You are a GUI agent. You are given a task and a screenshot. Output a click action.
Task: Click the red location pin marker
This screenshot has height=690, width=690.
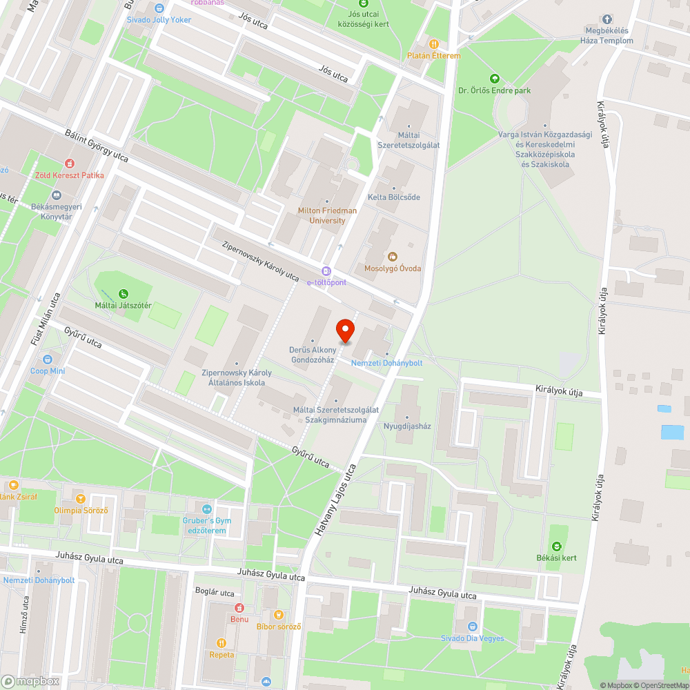point(344,331)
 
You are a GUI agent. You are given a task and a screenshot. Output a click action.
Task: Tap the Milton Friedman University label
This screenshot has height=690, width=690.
point(327,215)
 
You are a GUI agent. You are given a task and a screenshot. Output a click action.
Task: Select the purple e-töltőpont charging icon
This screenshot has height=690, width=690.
point(327,271)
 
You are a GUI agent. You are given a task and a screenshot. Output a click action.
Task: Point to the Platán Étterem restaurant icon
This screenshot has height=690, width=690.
point(433,43)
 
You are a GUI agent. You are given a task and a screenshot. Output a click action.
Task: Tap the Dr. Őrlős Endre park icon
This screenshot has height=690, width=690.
point(494,78)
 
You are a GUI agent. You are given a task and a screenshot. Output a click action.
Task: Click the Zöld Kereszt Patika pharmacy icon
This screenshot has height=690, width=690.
point(69,164)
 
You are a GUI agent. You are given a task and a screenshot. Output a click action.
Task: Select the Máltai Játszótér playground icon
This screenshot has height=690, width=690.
point(124,294)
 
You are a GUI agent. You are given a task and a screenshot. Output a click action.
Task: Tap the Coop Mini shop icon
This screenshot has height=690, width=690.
point(48,359)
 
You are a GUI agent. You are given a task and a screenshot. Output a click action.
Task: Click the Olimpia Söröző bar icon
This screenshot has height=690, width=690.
point(81,499)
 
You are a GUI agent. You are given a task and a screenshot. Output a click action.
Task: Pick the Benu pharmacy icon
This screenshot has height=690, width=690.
point(239,608)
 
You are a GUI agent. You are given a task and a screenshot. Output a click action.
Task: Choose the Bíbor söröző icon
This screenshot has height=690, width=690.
point(279,615)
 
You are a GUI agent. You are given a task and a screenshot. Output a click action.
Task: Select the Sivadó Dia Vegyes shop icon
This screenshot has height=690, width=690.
point(473,627)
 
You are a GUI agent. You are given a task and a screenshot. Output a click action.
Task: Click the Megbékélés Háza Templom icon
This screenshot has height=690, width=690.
point(608,19)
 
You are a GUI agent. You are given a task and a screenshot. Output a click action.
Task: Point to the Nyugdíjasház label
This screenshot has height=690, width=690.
point(407,426)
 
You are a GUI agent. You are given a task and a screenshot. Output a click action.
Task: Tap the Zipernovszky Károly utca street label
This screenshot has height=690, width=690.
point(260,261)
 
